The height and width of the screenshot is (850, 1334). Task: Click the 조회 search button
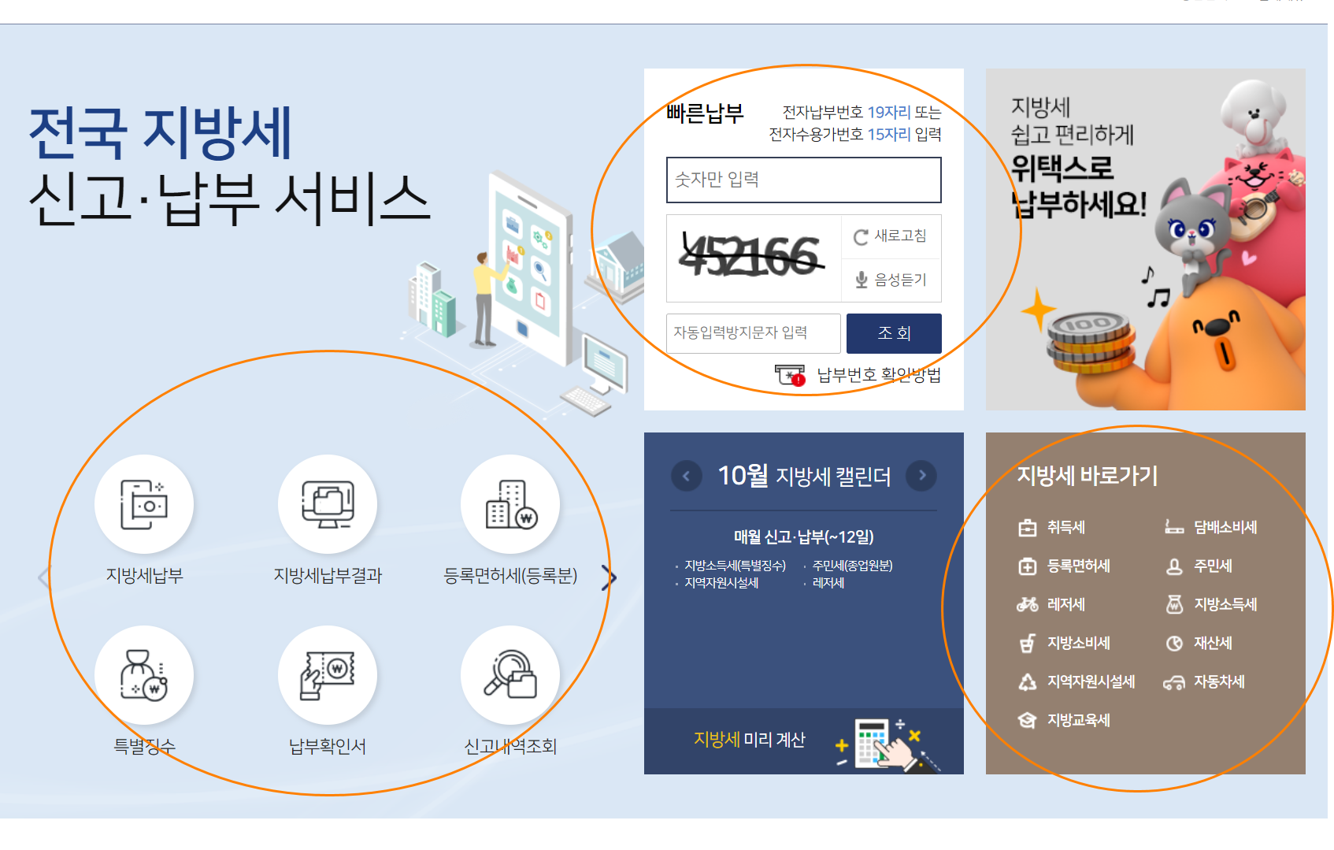coord(894,333)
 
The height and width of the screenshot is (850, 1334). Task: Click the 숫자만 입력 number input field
coord(803,180)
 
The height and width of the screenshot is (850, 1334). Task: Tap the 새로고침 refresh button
coord(891,236)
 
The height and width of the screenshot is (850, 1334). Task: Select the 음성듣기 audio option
coord(891,280)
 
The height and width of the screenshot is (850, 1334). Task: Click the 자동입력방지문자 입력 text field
coord(753,333)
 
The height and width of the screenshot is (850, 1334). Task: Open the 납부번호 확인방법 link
coord(878,375)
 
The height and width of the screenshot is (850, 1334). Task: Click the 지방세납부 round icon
coord(144,504)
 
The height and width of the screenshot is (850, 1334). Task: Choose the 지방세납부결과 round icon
coord(328,504)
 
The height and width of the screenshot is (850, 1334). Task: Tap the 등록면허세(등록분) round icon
coord(510,504)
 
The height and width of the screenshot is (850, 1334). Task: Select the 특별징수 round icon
coord(144,675)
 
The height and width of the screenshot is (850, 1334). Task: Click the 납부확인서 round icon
coord(328,675)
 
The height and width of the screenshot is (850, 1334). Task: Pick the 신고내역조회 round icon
coord(510,675)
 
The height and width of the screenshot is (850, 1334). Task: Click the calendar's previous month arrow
coord(686,476)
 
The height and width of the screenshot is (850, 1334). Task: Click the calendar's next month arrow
coord(921,475)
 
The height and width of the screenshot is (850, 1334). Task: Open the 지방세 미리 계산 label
coord(749,740)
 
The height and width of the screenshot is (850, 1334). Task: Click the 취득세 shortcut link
coord(1065,528)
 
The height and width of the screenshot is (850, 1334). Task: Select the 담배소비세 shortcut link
coord(1225,528)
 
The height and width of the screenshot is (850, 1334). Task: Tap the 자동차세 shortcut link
coord(1218,682)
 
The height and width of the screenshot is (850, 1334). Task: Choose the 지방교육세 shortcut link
coord(1078,721)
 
